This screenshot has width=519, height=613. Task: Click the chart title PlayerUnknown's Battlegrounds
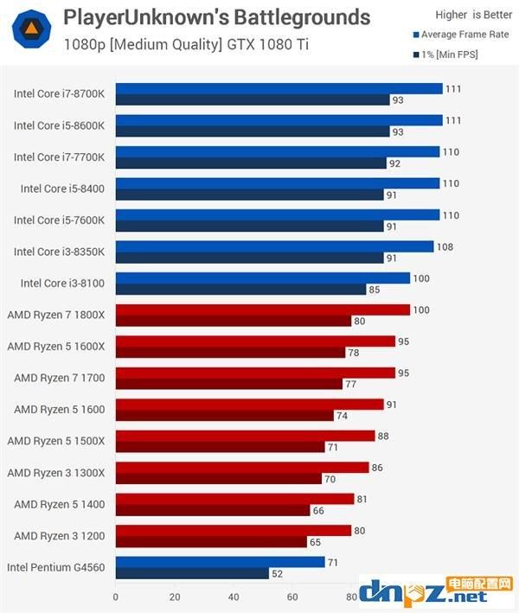click(216, 17)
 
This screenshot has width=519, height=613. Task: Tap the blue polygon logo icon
click(31, 29)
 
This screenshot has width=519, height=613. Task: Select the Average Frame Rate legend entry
click(461, 35)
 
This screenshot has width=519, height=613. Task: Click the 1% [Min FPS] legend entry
click(445, 54)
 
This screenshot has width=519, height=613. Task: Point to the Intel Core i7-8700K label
click(59, 94)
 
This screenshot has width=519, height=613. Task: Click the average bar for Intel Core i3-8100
click(263, 278)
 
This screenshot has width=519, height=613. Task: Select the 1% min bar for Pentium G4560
click(192, 573)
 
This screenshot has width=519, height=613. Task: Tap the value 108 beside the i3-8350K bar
click(445, 247)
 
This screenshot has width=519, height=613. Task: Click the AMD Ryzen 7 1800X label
click(56, 315)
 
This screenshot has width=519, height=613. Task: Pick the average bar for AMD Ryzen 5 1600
click(249, 405)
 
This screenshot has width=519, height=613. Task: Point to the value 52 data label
click(278, 574)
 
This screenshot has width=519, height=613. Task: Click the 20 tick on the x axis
click(175, 597)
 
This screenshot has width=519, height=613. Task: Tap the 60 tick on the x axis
click(292, 597)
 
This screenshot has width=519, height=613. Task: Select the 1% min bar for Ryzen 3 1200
click(211, 542)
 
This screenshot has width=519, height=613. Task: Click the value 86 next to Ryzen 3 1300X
click(377, 468)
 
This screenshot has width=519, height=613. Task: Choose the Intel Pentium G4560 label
click(56, 567)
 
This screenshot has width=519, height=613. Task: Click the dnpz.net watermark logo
click(436, 592)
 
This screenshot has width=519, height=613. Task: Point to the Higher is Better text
click(474, 15)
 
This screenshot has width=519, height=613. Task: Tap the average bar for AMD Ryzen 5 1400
click(235, 499)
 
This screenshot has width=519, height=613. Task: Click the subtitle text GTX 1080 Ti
click(268, 45)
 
